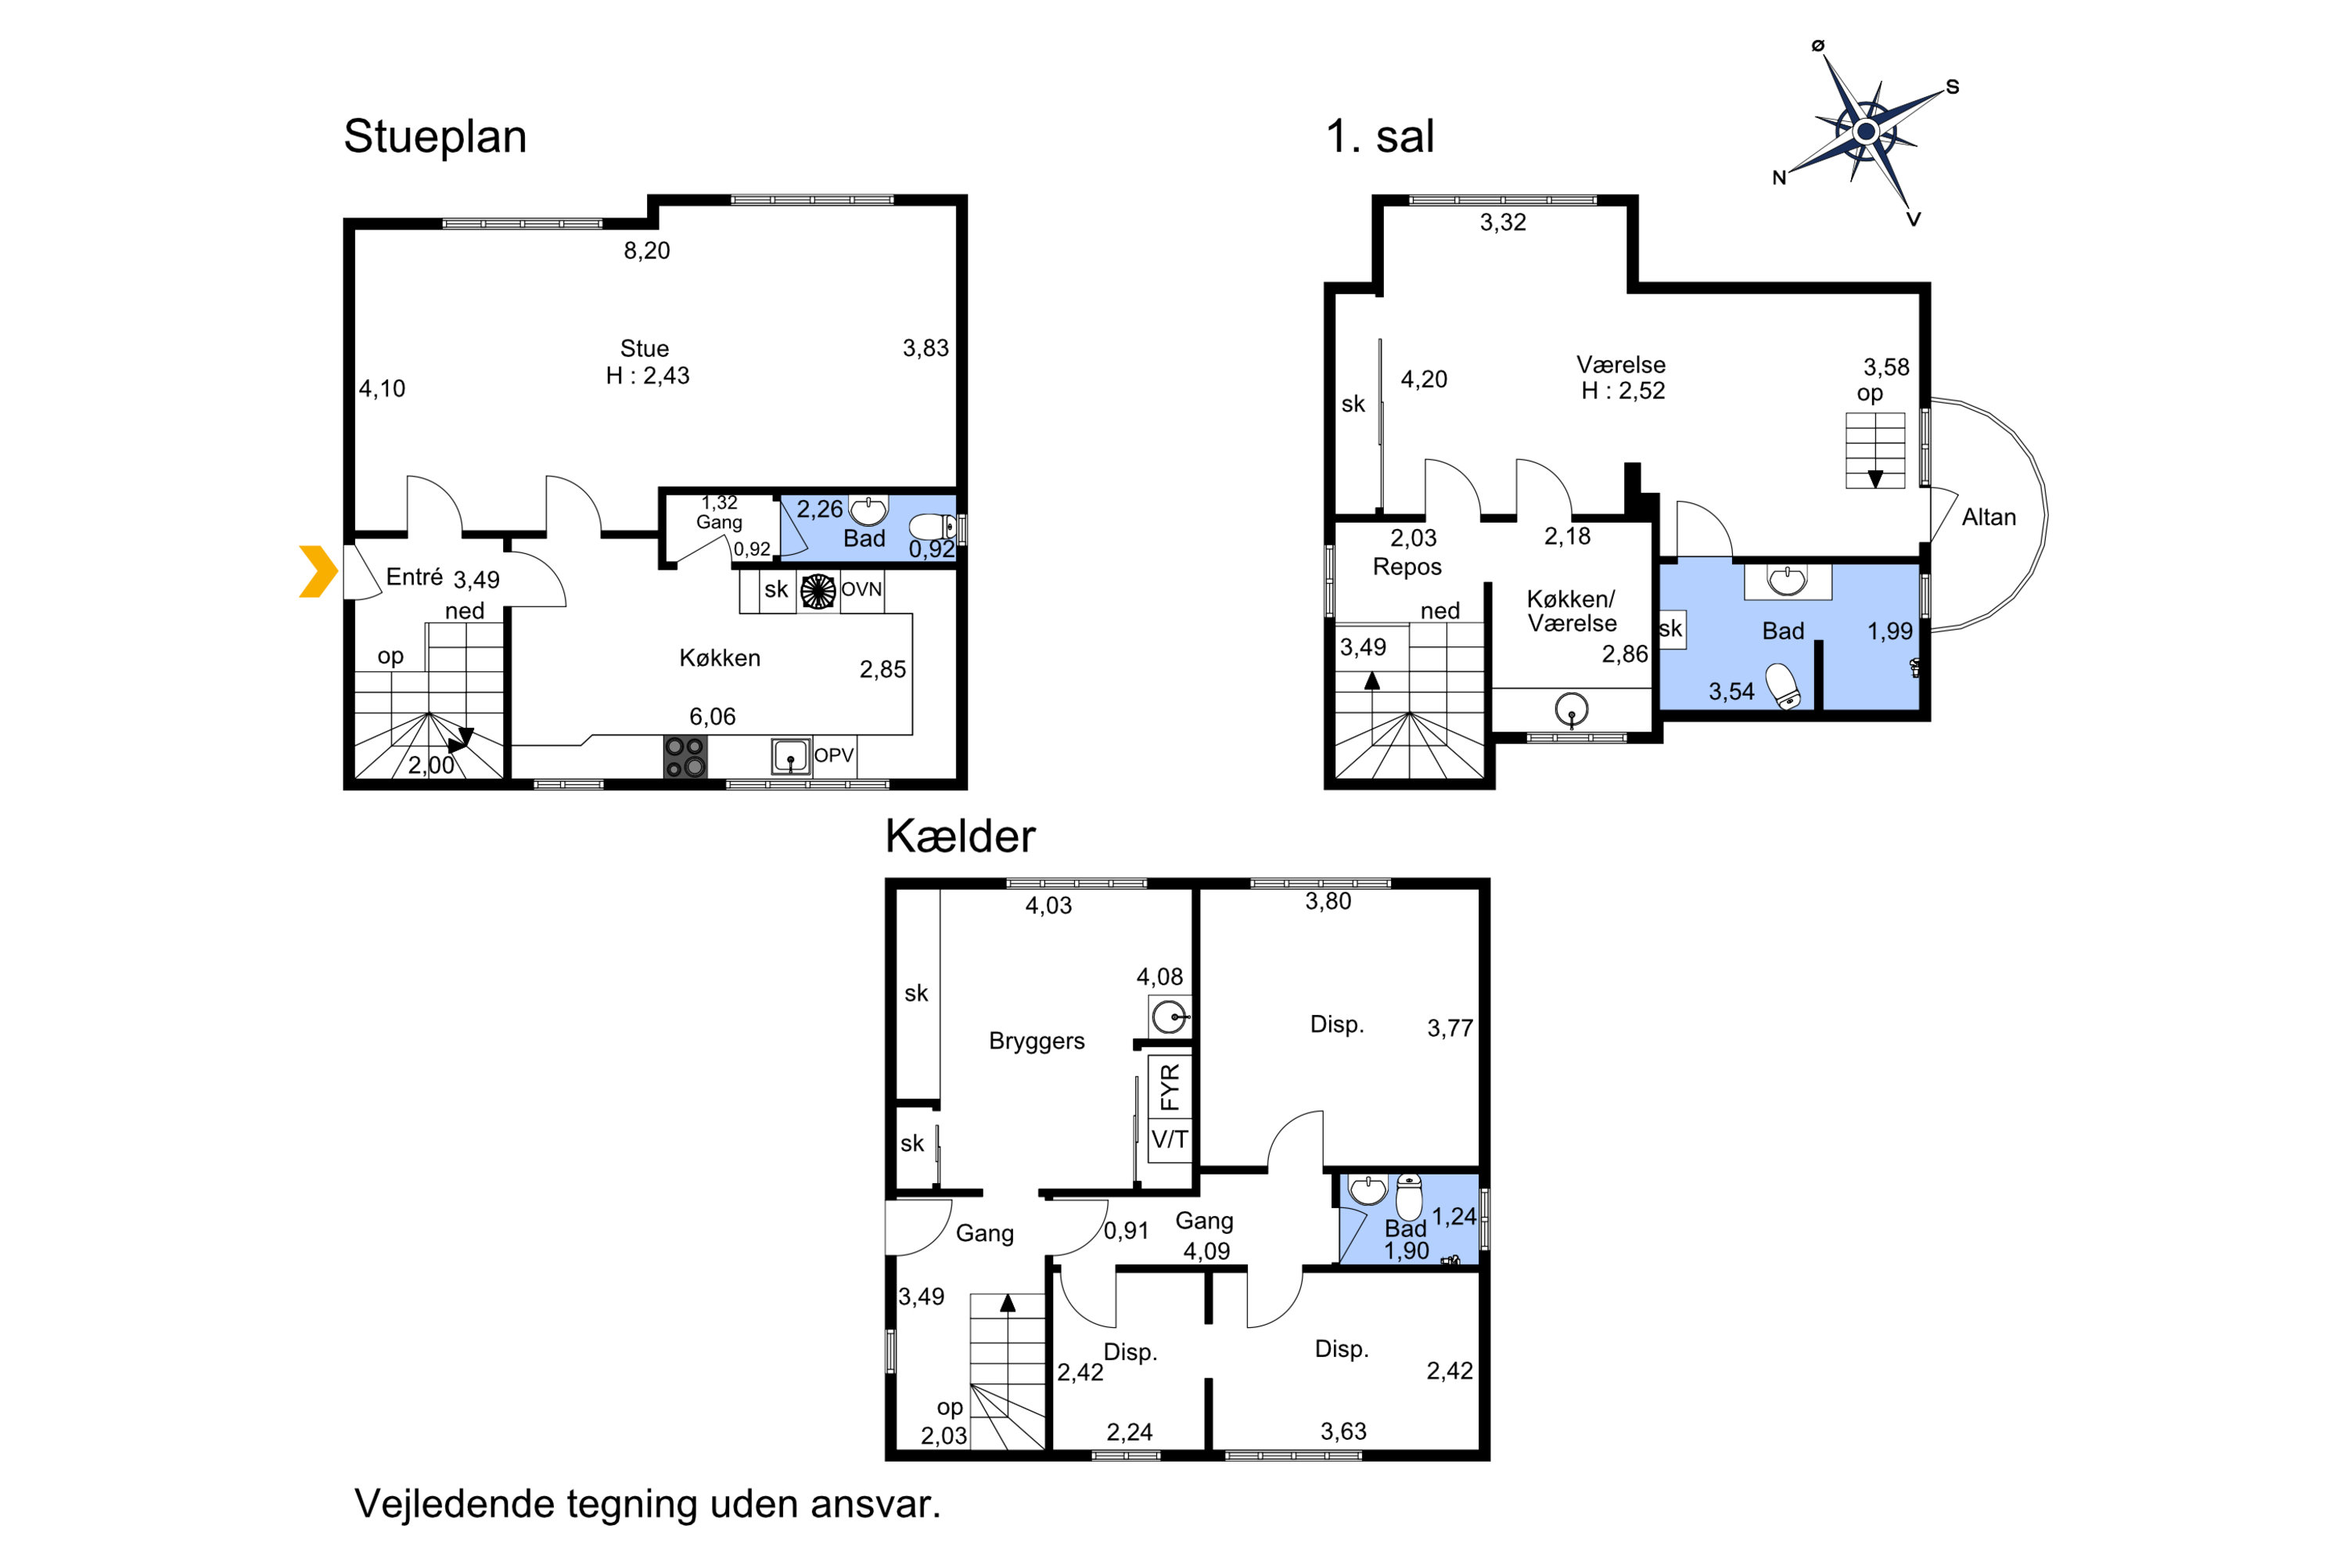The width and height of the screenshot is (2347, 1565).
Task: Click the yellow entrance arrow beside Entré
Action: click(318, 572)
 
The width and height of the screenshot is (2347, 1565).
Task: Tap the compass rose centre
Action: click(1866, 131)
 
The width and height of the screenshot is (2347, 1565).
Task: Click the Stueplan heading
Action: click(435, 137)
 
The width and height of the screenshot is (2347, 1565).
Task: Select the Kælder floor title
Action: click(960, 836)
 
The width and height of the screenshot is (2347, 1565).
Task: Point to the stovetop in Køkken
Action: click(685, 757)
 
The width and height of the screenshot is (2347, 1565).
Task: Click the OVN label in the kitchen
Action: click(861, 590)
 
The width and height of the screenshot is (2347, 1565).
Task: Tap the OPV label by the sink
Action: click(834, 756)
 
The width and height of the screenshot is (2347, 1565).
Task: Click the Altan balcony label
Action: click(1989, 517)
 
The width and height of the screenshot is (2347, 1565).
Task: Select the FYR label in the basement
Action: click(1170, 1087)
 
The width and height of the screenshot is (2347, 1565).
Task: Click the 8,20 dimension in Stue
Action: click(647, 250)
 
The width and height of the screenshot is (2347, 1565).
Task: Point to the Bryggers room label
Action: click(1037, 1041)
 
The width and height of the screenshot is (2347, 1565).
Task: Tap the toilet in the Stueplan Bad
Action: click(932, 526)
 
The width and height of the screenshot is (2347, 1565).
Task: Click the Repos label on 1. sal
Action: click(1407, 567)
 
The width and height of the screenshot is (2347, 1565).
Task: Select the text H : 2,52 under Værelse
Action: click(1623, 391)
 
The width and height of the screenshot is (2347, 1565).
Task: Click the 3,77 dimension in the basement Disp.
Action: click(1450, 1028)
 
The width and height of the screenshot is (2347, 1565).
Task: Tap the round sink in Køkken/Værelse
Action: click(1572, 710)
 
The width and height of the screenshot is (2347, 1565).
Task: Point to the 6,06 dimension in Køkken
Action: click(713, 717)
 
